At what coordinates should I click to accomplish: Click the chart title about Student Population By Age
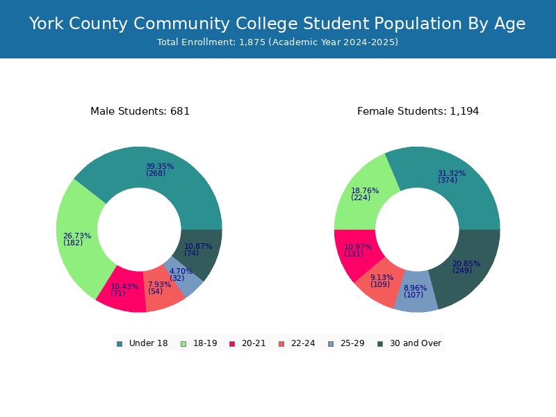click(x=277, y=24)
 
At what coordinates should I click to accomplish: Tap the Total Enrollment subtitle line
click(x=277, y=42)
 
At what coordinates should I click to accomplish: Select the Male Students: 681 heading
click(x=140, y=111)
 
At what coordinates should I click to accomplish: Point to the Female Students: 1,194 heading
click(x=418, y=111)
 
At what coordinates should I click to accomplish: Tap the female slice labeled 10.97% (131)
click(x=357, y=251)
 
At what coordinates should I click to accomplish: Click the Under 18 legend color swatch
click(x=120, y=344)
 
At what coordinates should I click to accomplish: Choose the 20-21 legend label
click(x=254, y=343)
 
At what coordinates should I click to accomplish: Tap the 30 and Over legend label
click(x=416, y=343)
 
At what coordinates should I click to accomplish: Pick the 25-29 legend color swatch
click(x=331, y=344)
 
